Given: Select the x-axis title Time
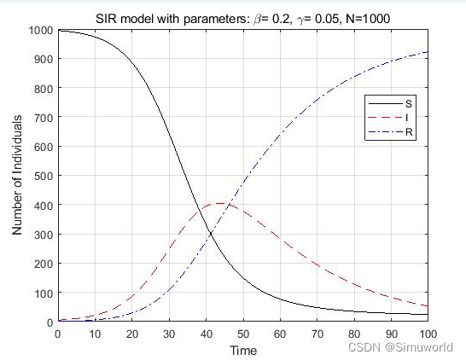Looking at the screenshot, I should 242,350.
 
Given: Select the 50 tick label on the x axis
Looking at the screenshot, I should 242,334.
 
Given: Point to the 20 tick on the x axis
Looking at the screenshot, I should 131,334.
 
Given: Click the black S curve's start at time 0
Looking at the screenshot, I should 58,32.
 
